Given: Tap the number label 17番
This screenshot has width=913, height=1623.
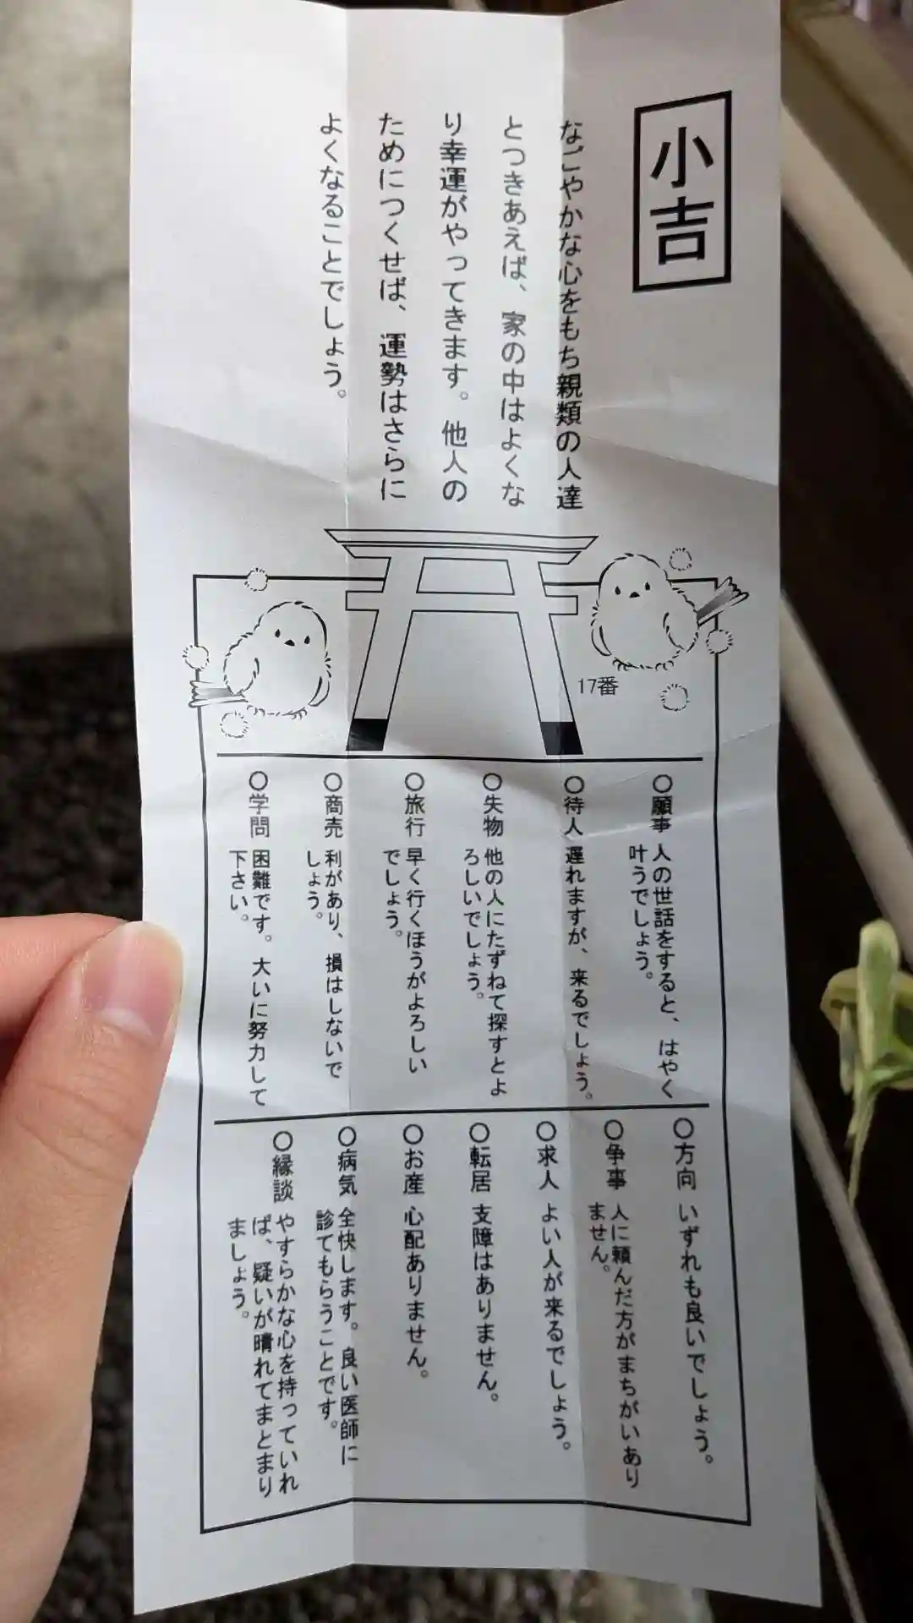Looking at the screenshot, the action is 598,686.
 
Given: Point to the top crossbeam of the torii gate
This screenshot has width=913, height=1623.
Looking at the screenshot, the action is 461,541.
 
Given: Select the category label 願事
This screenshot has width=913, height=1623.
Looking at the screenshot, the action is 661,812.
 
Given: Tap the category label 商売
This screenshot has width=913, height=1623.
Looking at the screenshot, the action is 334,815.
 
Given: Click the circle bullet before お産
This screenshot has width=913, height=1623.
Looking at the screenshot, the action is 413,1133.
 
